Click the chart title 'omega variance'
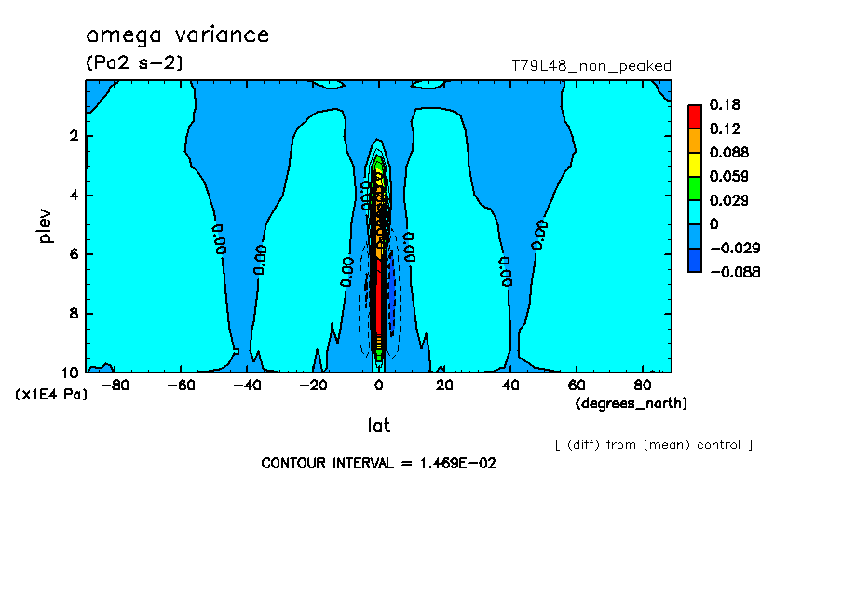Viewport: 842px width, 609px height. point(177,35)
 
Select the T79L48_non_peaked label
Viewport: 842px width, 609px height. point(591,66)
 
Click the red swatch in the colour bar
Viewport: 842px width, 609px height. point(694,115)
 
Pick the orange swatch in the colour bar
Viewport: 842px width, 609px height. point(694,140)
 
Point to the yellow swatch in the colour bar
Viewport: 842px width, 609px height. point(694,164)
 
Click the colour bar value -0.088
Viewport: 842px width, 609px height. point(735,272)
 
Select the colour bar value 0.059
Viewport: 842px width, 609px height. point(727,176)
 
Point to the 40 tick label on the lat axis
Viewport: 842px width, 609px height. point(510,384)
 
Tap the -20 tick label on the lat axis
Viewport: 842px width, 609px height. point(312,384)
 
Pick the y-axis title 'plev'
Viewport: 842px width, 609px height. point(46,225)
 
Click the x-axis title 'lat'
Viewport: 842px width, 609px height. point(377,426)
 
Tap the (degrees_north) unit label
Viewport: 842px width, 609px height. point(631,402)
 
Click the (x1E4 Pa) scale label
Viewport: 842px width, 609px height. point(51,395)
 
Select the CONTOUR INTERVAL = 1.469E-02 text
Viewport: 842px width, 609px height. point(378,463)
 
